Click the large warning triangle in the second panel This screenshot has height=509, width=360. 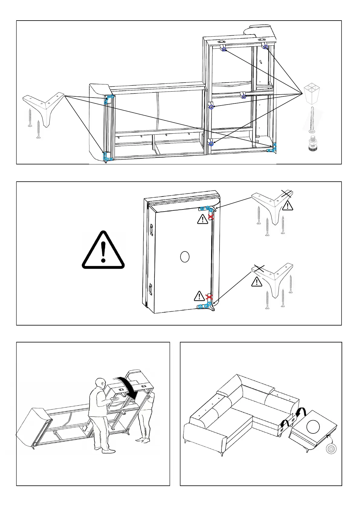pos(103,250)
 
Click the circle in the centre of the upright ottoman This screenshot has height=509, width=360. pos(184,257)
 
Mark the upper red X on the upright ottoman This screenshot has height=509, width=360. pos(211,217)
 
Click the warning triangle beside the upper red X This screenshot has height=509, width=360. pos(203,219)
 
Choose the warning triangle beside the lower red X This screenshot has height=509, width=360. pos(199,296)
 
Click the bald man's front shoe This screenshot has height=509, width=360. pos(109,452)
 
